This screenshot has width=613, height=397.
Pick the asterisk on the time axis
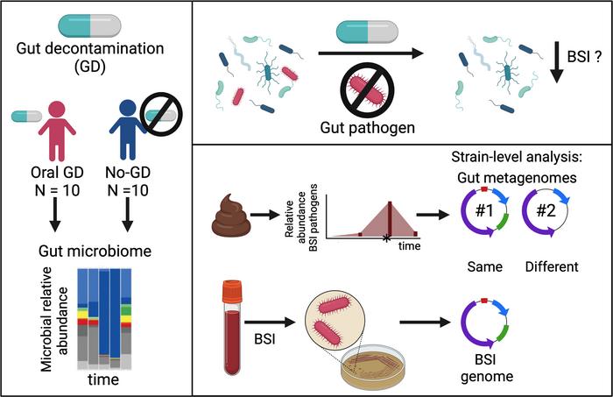(386, 238)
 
